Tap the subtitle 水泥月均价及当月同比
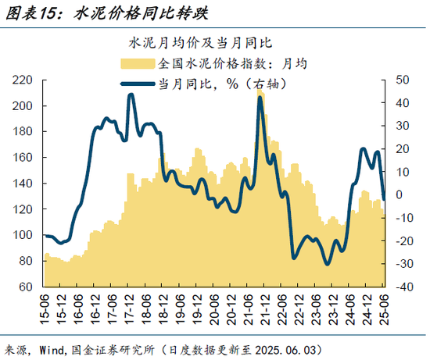pyautogui.click(x=205, y=41)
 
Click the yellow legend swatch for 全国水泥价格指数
pyautogui.click(x=138, y=63)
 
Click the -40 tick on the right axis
pyautogui.click(x=404, y=287)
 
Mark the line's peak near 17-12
pyautogui.click(x=131, y=95)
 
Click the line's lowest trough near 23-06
pyautogui.click(x=328, y=263)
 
